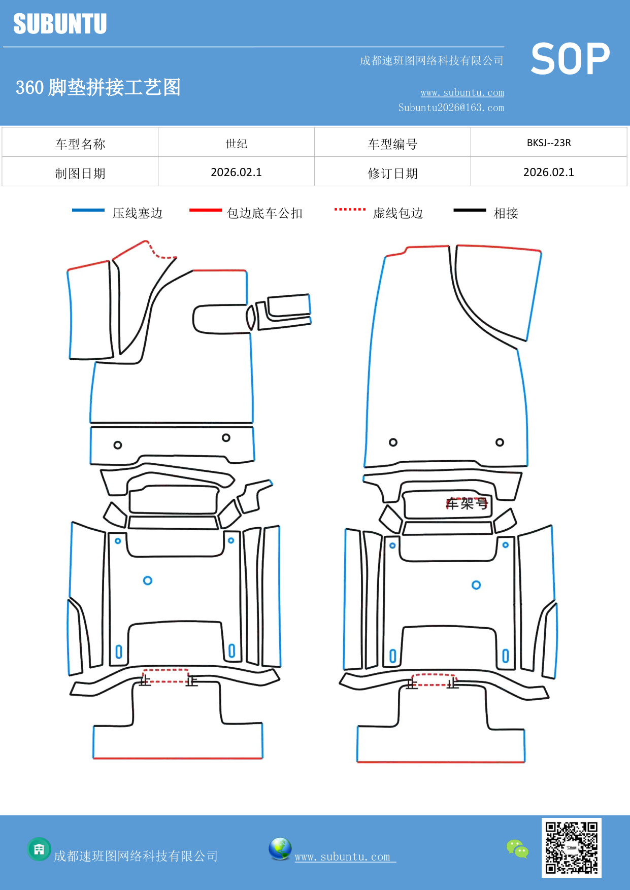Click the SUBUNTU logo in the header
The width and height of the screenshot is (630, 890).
(60, 24)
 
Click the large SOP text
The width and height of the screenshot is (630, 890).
(570, 59)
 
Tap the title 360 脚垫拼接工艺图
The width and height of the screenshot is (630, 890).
(98, 87)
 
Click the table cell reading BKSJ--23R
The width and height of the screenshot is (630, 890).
(549, 143)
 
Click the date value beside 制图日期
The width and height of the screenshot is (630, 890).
(237, 173)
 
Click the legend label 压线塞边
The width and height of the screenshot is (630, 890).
(138, 213)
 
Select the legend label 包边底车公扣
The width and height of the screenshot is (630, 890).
(264, 213)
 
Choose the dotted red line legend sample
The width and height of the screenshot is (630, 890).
(350, 209)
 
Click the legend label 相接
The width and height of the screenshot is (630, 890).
(506, 213)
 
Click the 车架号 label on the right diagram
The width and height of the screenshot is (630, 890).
(467, 503)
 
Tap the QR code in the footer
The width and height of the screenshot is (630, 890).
(572, 848)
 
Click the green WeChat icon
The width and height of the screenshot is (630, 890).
(517, 849)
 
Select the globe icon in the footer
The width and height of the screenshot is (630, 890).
(280, 849)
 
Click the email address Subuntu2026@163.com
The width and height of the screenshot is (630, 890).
(451, 108)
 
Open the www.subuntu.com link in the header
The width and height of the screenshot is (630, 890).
(462, 92)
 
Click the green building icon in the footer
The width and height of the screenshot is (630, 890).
(39, 849)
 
